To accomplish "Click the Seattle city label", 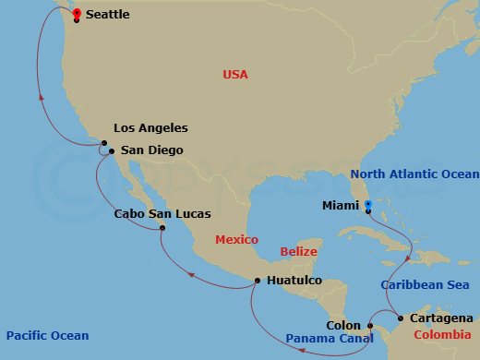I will pos(107,15).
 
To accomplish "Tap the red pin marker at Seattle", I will pos(76,13).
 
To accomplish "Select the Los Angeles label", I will pos(150,128).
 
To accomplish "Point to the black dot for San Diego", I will pos(111,150).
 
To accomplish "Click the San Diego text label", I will pos(152,150).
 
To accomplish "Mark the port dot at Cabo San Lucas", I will pos(162,227).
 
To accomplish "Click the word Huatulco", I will pos(294,280).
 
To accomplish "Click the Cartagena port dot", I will pos(400,318).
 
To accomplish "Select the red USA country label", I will pos(237,74).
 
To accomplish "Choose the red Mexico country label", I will pos(237,240).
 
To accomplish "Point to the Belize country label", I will pos(298,251).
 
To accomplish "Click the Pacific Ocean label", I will pos(46,335).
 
